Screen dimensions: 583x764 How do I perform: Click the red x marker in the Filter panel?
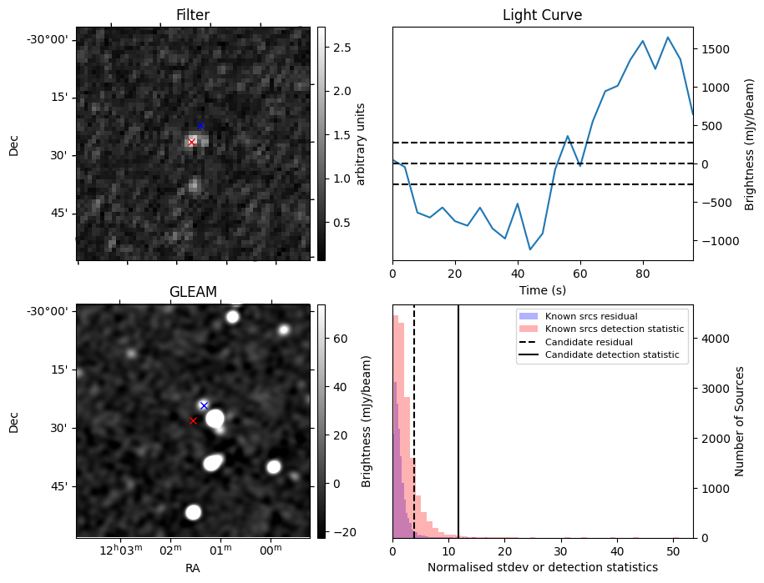(x=191, y=142)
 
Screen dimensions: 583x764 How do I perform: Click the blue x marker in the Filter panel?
(x=200, y=125)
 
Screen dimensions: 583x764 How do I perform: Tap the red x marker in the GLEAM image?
(x=193, y=420)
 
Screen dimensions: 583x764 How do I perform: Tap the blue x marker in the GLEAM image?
(x=204, y=405)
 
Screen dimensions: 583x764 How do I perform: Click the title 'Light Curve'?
(x=542, y=15)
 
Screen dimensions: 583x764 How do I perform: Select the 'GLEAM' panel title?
(x=193, y=292)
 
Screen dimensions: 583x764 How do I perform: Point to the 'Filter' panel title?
(x=193, y=15)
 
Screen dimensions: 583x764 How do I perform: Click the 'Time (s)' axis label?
(x=542, y=289)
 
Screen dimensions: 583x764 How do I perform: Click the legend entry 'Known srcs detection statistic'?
(x=614, y=329)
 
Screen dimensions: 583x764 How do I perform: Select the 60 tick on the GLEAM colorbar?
(x=332, y=339)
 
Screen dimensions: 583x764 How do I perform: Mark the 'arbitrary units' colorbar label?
(x=361, y=143)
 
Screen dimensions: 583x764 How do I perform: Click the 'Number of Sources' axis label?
(x=740, y=421)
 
